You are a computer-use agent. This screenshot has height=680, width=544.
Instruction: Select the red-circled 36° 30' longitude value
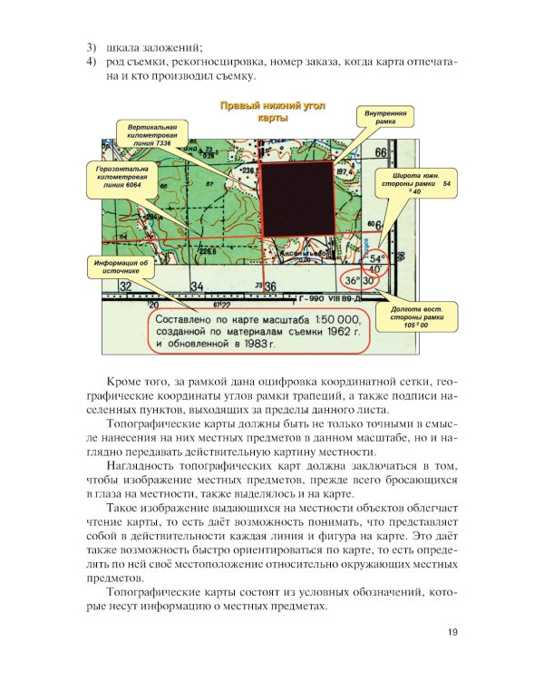click(x=361, y=281)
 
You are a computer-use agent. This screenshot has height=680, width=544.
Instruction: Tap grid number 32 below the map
click(x=126, y=287)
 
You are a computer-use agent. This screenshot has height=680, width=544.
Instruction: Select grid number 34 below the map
click(x=197, y=287)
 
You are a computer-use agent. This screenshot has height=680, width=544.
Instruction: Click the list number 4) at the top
click(x=91, y=61)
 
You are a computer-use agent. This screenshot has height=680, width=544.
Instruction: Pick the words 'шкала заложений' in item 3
click(x=154, y=46)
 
